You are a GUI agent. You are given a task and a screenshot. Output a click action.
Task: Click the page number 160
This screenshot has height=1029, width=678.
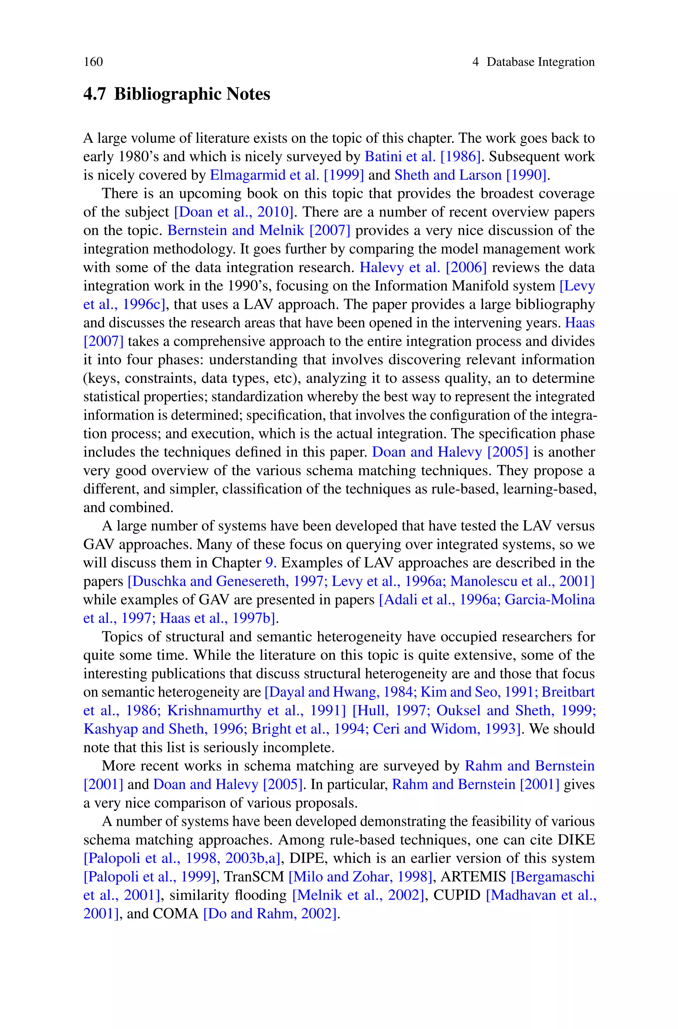(x=93, y=62)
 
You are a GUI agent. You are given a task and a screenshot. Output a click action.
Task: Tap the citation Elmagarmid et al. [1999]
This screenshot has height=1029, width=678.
(x=287, y=175)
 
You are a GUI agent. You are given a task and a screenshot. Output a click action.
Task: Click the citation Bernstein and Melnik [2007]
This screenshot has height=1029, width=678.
(x=259, y=230)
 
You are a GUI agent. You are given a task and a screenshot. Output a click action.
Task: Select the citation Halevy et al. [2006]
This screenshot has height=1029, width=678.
(x=423, y=267)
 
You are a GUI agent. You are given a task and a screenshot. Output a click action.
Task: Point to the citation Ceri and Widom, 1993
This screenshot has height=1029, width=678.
(x=445, y=729)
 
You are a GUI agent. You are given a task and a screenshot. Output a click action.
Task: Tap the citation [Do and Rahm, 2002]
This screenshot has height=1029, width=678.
(x=269, y=913)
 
